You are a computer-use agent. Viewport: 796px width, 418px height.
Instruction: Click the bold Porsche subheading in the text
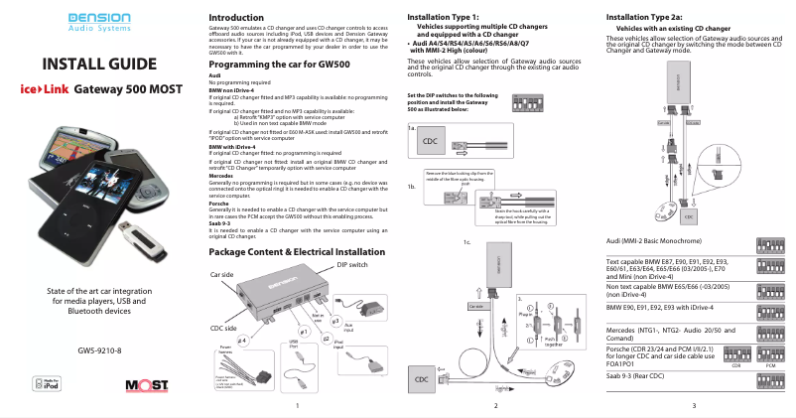point(222,204)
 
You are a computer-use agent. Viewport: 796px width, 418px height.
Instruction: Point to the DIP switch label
point(352,265)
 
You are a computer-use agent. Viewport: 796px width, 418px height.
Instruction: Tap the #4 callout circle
point(241,339)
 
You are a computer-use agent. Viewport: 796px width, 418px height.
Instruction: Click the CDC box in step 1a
point(431,141)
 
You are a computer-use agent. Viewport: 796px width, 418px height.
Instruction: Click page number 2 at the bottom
point(495,406)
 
